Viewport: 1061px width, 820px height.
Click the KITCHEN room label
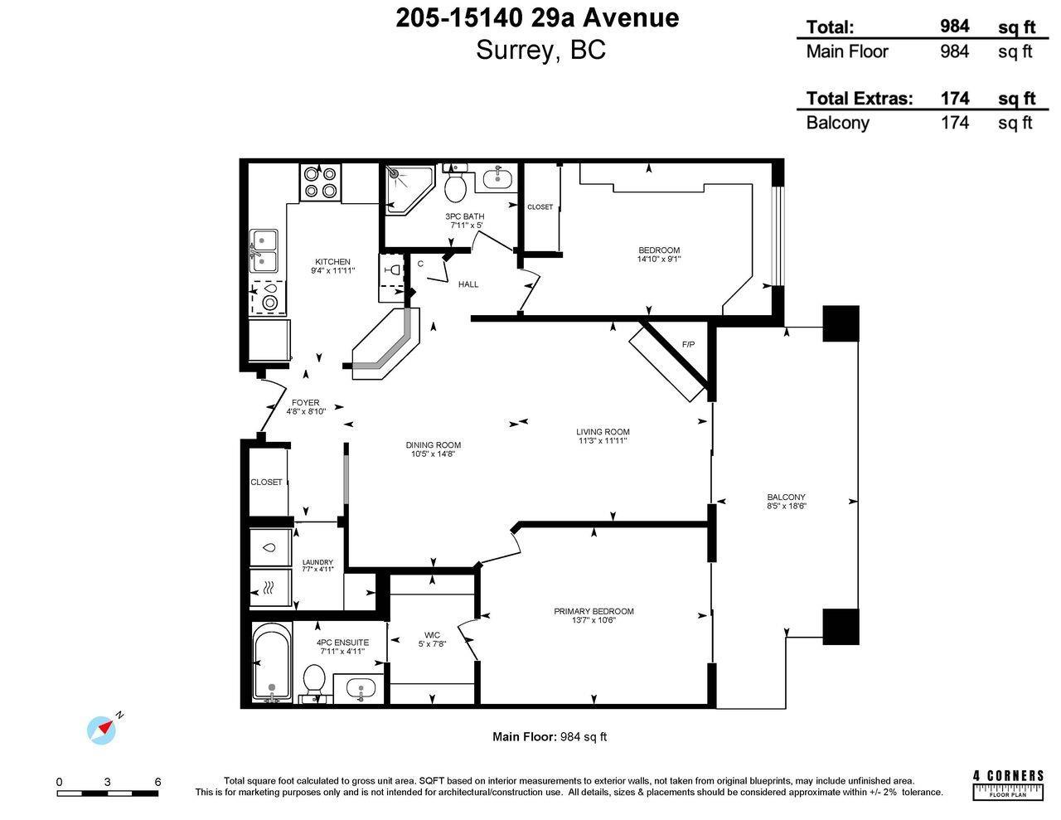(332, 262)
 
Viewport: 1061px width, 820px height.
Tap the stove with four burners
(321, 182)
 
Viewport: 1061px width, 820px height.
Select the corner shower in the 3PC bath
(406, 187)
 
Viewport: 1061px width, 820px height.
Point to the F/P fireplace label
(688, 344)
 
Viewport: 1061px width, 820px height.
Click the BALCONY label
(786, 497)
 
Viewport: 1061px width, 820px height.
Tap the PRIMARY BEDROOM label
(593, 611)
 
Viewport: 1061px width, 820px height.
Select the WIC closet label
(432, 635)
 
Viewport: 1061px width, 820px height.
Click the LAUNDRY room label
(317, 562)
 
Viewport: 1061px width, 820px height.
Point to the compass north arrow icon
(103, 728)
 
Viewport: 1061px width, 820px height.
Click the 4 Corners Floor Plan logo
(1007, 784)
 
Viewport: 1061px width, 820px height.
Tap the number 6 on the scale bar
(157, 782)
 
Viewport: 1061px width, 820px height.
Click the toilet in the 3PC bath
(455, 187)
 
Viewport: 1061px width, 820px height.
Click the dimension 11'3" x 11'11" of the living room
(603, 441)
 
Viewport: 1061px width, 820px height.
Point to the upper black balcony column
(841, 323)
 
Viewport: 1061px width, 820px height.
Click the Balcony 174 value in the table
(954, 123)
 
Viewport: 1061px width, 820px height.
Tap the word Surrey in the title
(514, 50)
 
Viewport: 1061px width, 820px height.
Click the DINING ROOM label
(434, 445)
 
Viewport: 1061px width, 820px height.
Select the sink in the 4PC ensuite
(360, 687)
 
